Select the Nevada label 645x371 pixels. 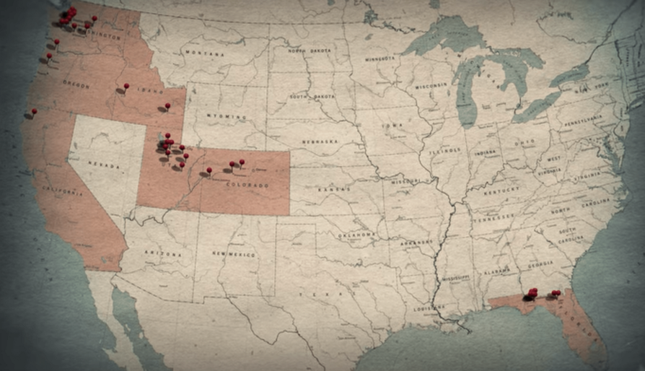(103, 164)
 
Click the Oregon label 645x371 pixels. (76, 84)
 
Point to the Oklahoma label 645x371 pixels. (358, 235)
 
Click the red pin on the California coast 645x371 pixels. (34, 111)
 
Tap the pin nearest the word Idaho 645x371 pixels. (126, 86)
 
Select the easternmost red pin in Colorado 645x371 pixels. (242, 162)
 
